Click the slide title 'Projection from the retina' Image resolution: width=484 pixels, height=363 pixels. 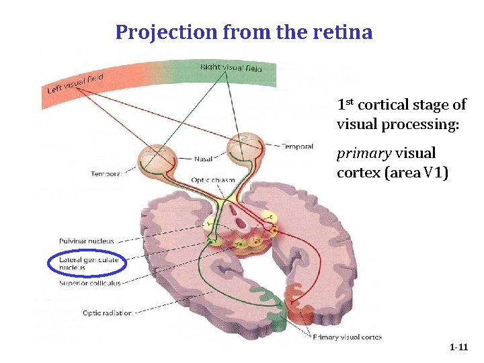(x=243, y=32)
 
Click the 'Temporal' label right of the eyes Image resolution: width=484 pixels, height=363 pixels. (x=296, y=146)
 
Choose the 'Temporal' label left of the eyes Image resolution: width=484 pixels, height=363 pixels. (x=106, y=174)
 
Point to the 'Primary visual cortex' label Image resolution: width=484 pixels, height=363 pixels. (x=348, y=336)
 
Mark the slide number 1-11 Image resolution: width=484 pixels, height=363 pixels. (x=458, y=348)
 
